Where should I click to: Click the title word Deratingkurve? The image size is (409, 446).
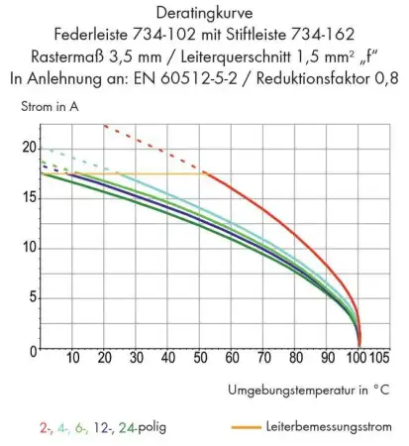click(x=204, y=15)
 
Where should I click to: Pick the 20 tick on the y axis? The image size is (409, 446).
click(x=28, y=149)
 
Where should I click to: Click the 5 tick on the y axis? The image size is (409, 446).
click(x=32, y=297)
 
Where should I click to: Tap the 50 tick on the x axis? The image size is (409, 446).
click(x=200, y=356)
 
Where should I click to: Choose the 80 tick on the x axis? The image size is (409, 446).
click(x=295, y=356)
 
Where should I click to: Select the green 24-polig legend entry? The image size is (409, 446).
click(x=145, y=428)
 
